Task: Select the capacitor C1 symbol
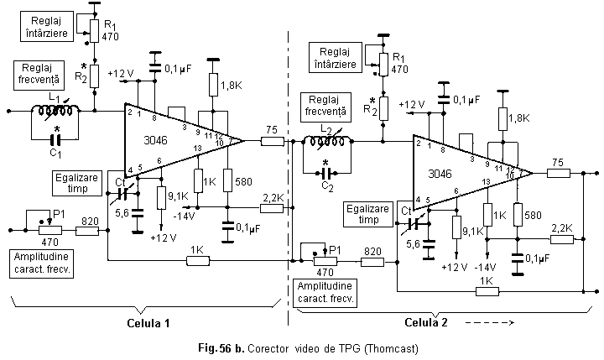click(x=56, y=139)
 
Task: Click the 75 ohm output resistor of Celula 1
click(x=272, y=141)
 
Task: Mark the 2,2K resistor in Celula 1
click(x=272, y=207)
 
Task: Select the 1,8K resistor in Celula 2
click(x=501, y=119)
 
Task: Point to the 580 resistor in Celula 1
click(x=226, y=181)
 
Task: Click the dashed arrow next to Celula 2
click(x=490, y=322)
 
